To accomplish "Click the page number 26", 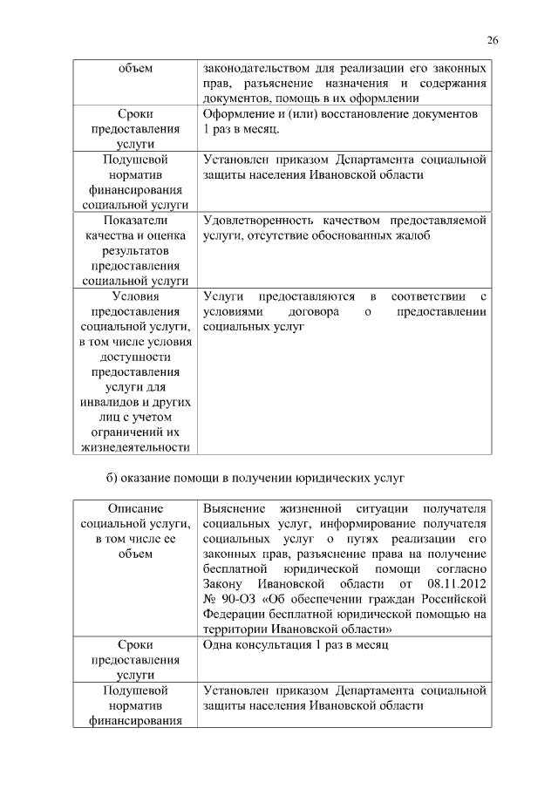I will tap(493, 39).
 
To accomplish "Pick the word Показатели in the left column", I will tap(134, 221).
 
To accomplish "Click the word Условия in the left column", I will tap(134, 297).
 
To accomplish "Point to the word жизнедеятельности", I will tap(134, 447).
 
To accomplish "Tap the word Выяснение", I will tap(235, 508).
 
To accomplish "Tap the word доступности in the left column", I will tap(134, 357).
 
